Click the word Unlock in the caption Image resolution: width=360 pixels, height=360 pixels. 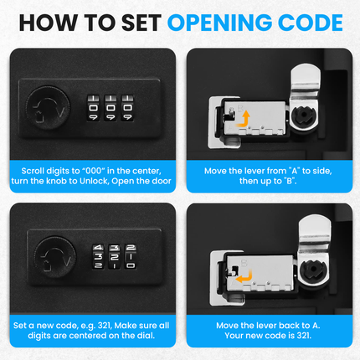109,182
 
